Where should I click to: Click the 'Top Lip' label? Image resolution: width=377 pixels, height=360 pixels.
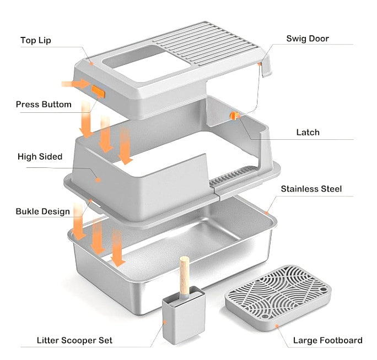coord(36,40)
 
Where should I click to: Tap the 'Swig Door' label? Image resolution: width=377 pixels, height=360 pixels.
coord(308,39)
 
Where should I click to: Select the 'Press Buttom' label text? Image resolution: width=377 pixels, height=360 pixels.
coord(44,104)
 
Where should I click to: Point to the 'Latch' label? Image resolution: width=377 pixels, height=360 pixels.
coord(308,132)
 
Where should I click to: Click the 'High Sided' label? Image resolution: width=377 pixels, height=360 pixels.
coord(40,156)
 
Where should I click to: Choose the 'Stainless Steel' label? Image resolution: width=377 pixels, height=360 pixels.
coord(311,189)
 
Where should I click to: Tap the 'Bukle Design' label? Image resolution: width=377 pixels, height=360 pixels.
coord(43,211)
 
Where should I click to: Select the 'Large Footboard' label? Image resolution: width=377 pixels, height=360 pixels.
coord(327,340)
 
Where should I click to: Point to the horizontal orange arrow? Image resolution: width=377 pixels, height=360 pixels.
coord(75,84)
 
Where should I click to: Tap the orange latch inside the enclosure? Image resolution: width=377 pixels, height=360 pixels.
coord(234,114)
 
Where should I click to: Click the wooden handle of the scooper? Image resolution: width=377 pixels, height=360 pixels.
coord(185,278)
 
